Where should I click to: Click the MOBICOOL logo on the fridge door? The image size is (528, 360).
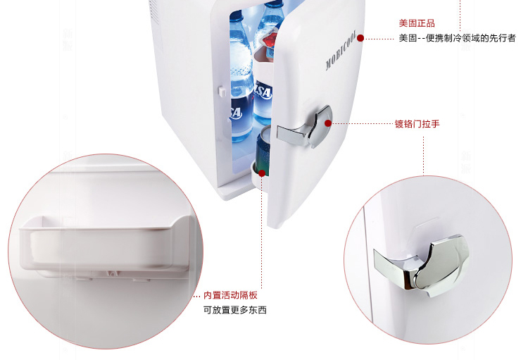(x=340, y=51)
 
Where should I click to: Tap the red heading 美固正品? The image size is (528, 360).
(x=417, y=23)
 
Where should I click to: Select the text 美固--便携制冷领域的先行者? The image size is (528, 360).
(x=457, y=38)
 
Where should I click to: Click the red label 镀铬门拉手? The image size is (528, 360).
(x=417, y=124)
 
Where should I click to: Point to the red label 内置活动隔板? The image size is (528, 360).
(x=230, y=295)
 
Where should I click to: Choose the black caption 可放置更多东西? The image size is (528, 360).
(x=234, y=310)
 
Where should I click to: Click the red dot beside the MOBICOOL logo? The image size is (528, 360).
(x=360, y=38)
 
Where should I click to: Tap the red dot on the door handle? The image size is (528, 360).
(x=328, y=123)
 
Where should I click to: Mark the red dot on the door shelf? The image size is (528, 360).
(x=262, y=173)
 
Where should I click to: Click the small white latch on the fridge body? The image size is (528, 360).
(x=222, y=92)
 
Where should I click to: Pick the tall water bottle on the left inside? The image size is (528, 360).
(x=241, y=76)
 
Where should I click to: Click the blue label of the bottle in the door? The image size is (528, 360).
(x=263, y=92)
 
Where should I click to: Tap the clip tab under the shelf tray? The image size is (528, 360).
(x=113, y=273)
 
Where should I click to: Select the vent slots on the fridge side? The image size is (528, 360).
(x=154, y=10)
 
